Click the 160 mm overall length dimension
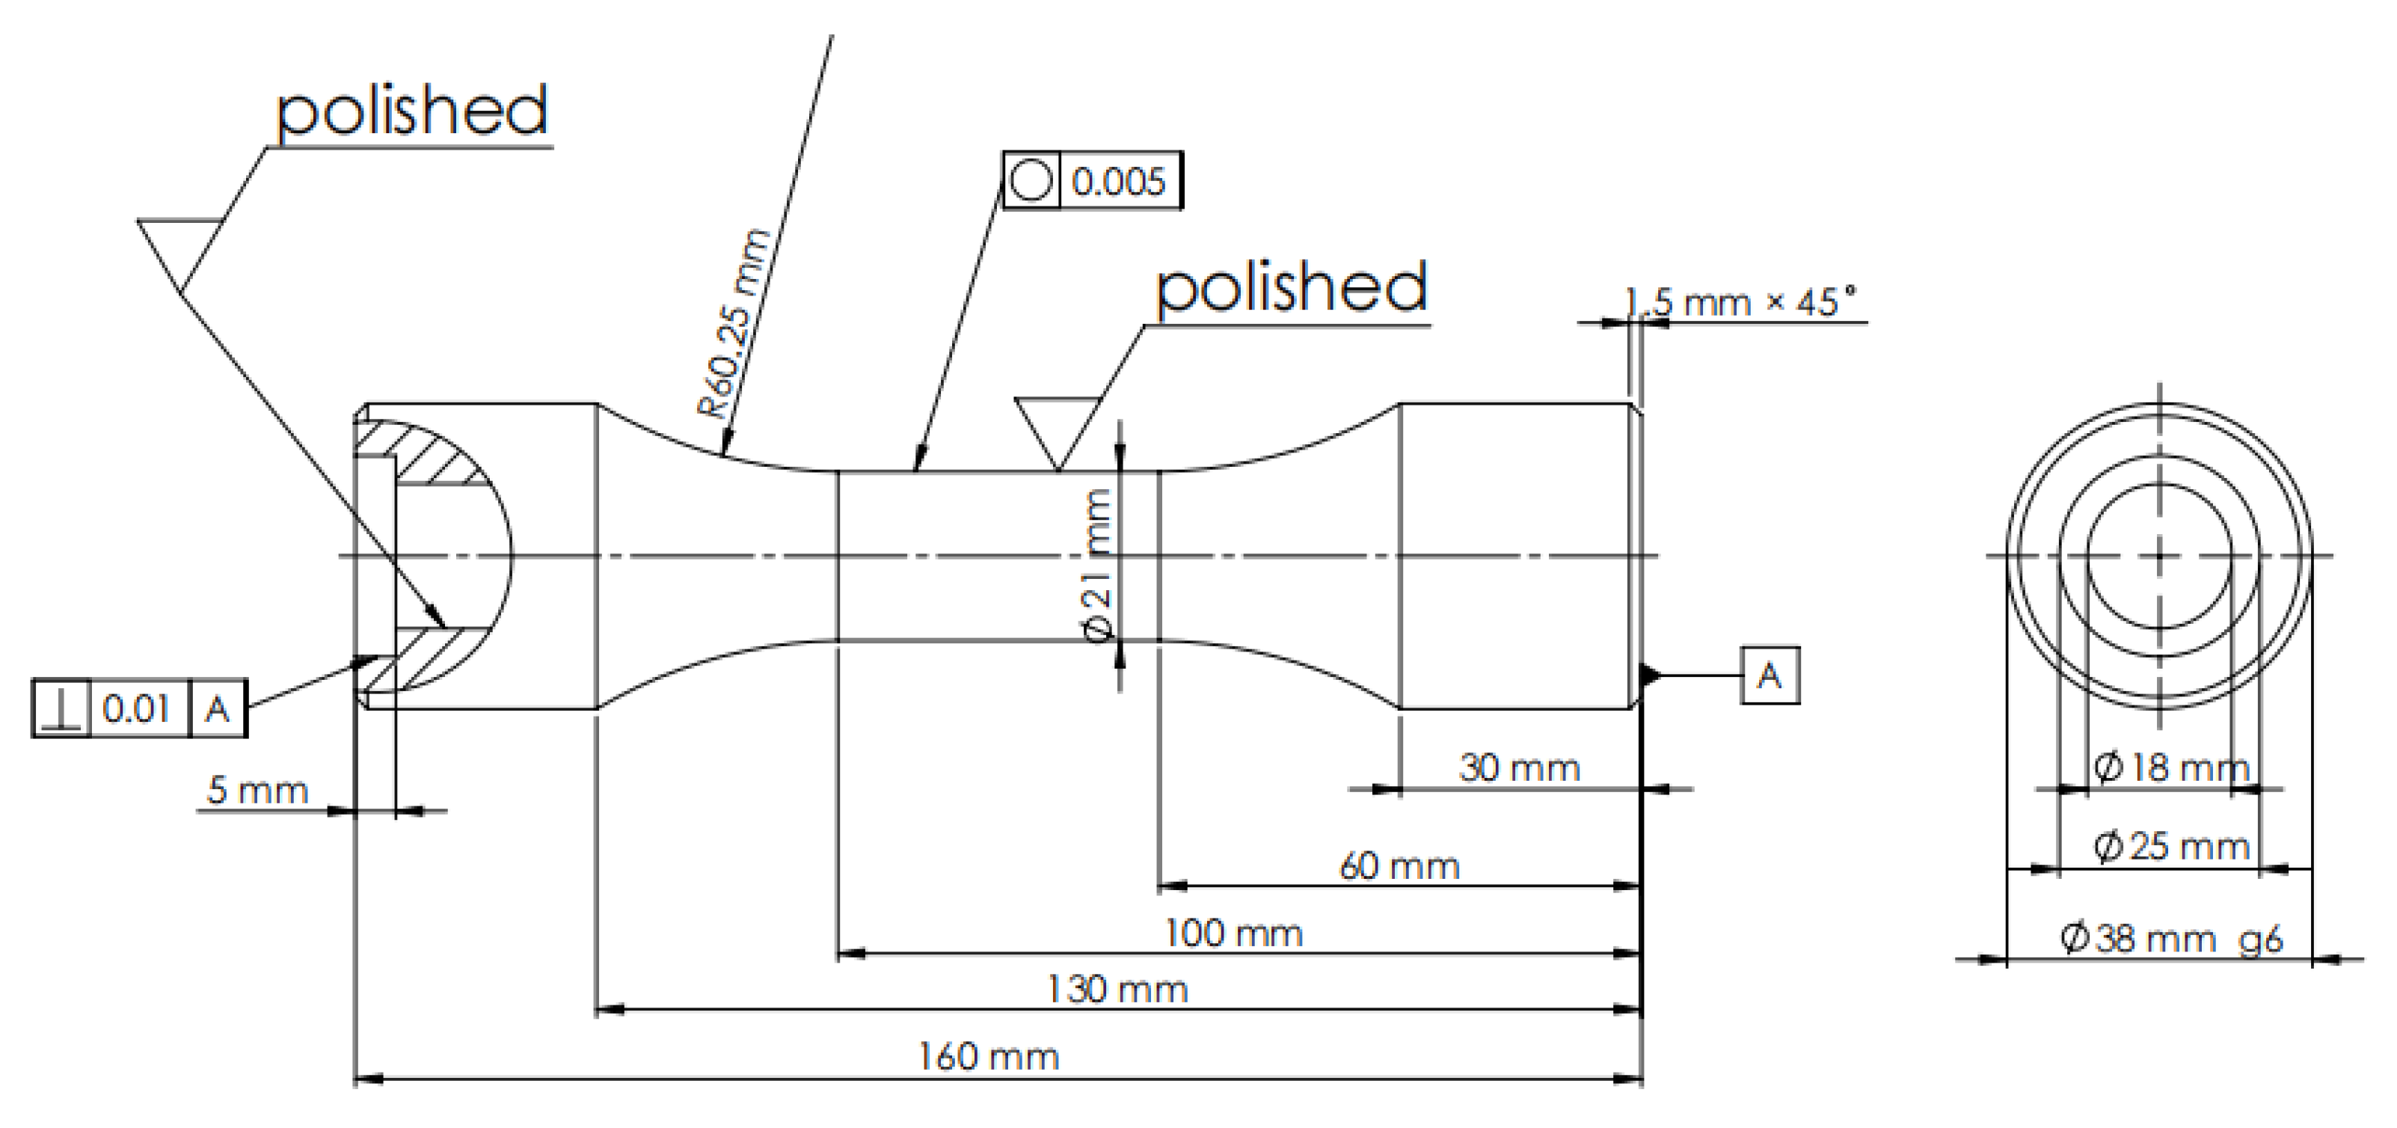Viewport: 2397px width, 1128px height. tap(988, 1057)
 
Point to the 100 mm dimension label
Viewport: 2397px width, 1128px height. tap(1233, 934)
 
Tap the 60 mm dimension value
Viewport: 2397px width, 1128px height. tap(1399, 866)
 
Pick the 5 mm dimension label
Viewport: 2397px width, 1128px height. tap(257, 790)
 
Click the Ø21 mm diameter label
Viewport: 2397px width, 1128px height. tap(1099, 565)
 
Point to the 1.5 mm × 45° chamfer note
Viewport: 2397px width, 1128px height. tap(1740, 302)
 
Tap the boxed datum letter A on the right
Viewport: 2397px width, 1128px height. tap(1770, 675)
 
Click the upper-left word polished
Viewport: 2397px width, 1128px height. tap(411, 111)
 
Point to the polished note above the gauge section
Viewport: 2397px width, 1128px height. tap(1291, 289)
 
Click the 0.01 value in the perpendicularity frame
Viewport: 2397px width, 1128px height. tap(137, 709)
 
